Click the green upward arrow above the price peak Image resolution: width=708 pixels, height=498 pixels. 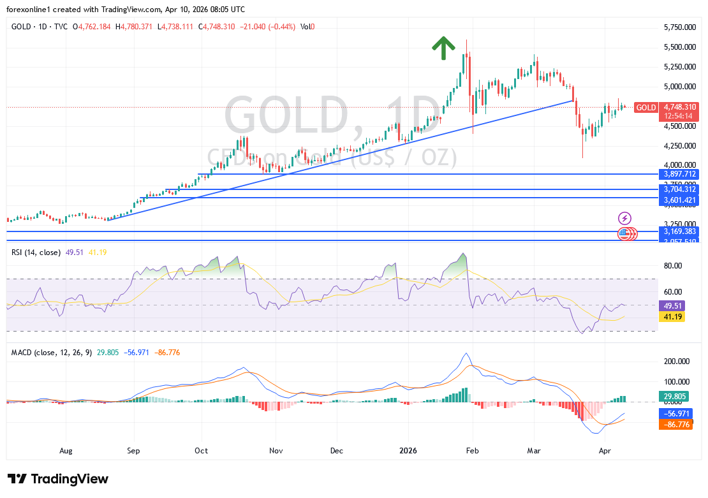(443, 48)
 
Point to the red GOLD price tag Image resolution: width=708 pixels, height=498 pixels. (646, 107)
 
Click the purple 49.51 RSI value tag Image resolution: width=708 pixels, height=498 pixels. (674, 305)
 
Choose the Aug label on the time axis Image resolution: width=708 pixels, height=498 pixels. (66, 450)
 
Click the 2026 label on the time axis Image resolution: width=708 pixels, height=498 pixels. (408, 450)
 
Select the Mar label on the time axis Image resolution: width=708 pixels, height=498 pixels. (533, 450)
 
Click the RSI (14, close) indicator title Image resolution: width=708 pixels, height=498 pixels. (36, 253)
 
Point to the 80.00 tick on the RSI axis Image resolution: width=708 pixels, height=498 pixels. (673, 266)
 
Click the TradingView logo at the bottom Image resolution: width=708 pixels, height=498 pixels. (59, 479)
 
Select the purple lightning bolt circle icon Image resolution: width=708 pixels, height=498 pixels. (625, 218)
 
